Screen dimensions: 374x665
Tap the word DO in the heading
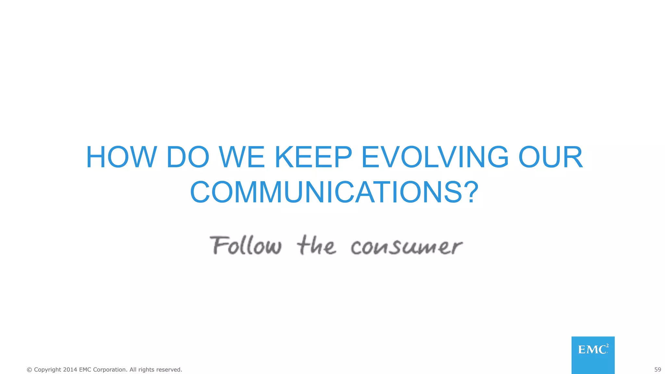tap(188, 157)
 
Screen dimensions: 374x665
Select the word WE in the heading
tap(242, 157)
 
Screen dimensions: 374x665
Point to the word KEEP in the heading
tap(314, 157)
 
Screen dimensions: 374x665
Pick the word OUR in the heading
tap(551, 157)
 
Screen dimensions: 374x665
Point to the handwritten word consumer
tap(407, 247)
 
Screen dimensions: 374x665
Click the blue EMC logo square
tap(593, 355)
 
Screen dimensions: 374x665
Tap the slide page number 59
tap(658, 369)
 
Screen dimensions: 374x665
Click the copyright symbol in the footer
tap(29, 370)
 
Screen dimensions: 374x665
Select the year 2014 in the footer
tap(70, 369)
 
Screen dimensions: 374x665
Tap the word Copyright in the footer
tap(47, 370)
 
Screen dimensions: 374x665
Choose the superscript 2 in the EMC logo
tap(607, 346)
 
